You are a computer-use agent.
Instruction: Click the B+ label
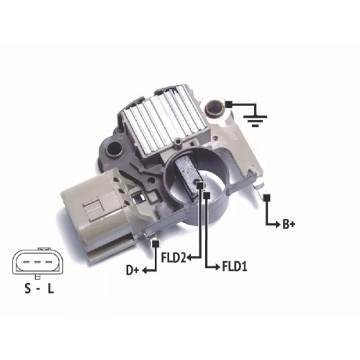click(x=289, y=225)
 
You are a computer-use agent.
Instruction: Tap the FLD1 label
click(x=234, y=266)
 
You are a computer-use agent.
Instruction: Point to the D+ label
click(x=132, y=271)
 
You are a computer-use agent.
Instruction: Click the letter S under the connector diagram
click(x=28, y=289)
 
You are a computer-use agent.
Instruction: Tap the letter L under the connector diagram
click(x=50, y=289)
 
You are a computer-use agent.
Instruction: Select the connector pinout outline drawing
click(x=37, y=263)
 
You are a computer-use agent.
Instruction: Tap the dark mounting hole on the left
click(x=114, y=149)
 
